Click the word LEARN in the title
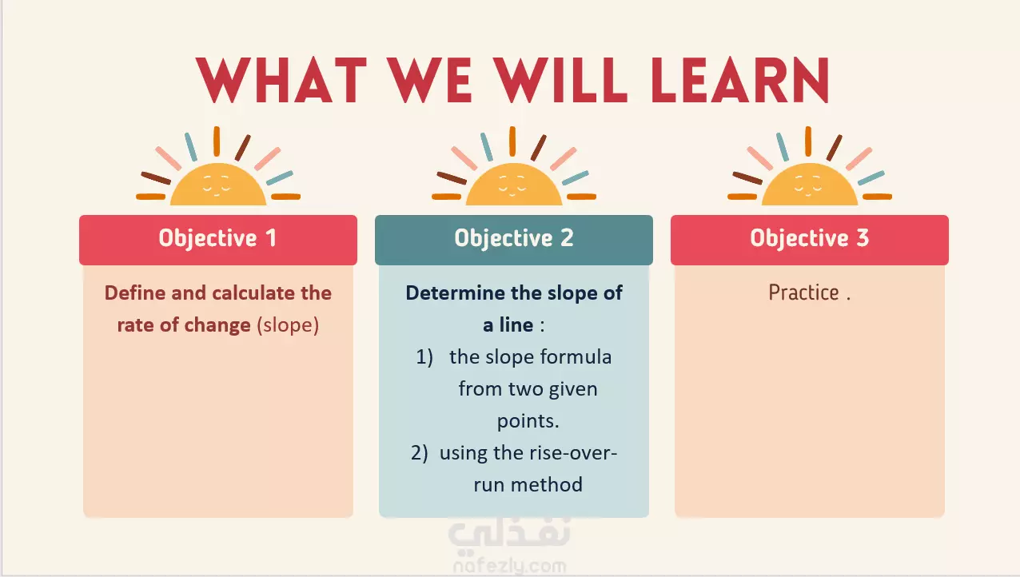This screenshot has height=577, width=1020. coord(740,81)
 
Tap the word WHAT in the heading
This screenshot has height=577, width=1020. coord(281,81)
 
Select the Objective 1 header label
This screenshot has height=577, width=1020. coord(217,238)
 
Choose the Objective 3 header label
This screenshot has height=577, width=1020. coord(810,238)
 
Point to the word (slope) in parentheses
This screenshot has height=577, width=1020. coord(288,325)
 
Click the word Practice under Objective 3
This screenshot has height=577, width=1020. coord(803,292)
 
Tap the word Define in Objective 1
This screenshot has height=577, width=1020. coord(135,292)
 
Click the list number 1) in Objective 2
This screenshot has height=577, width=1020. coord(424,357)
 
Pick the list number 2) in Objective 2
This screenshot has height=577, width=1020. coord(420,453)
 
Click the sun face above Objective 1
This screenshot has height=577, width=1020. coord(218,184)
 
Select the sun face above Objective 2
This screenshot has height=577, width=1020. coord(514,184)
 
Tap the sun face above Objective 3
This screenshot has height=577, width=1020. coord(810,184)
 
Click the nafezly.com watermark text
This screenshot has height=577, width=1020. coord(509,567)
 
